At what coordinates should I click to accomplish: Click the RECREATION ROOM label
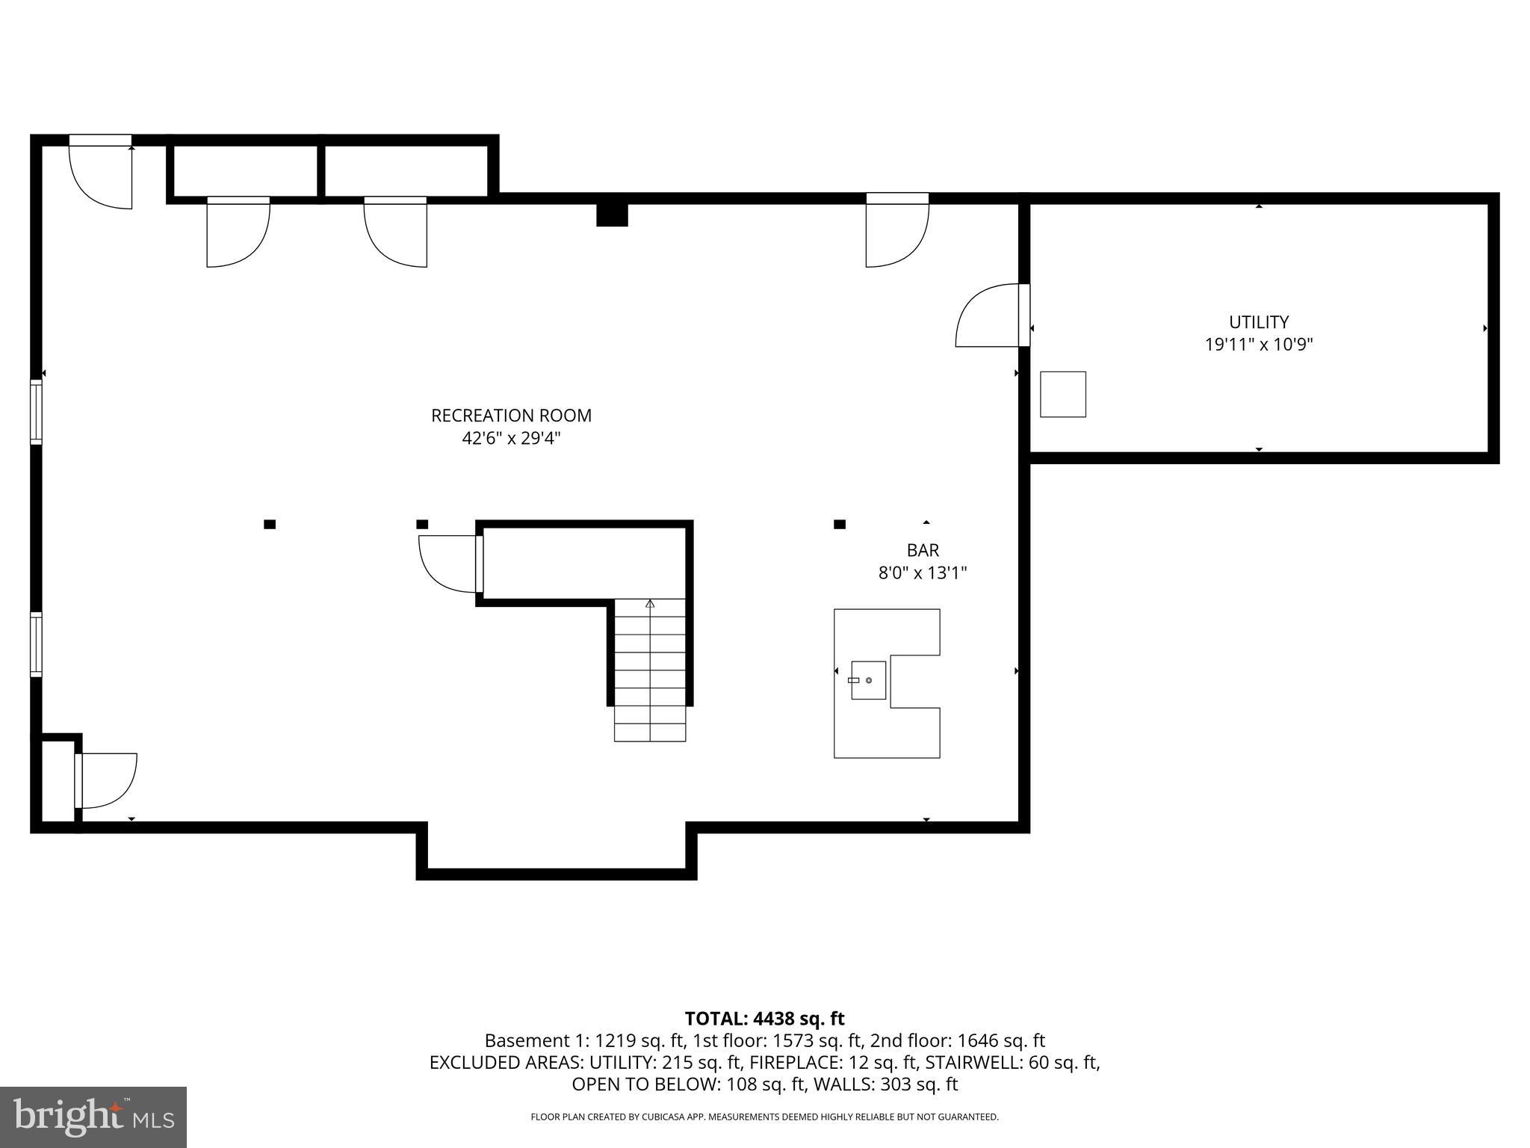click(x=511, y=416)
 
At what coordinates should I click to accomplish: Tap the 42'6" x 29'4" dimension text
click(x=511, y=438)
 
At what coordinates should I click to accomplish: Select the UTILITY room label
click(x=1259, y=322)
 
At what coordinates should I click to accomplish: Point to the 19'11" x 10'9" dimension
click(x=1259, y=345)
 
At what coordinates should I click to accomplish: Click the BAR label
click(x=923, y=550)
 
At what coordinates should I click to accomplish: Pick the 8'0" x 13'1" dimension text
click(x=923, y=573)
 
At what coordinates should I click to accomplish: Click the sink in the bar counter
click(x=868, y=680)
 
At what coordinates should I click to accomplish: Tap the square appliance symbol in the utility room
click(x=1062, y=394)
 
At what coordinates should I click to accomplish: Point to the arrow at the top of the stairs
click(x=650, y=603)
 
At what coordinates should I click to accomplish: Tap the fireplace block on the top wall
click(x=612, y=215)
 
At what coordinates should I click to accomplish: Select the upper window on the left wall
click(x=36, y=412)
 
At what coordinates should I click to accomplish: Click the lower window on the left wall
click(x=36, y=644)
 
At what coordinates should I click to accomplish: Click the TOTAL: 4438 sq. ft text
click(x=764, y=1019)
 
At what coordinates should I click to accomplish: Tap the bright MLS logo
click(x=93, y=1117)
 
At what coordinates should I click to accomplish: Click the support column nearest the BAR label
click(x=840, y=524)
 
